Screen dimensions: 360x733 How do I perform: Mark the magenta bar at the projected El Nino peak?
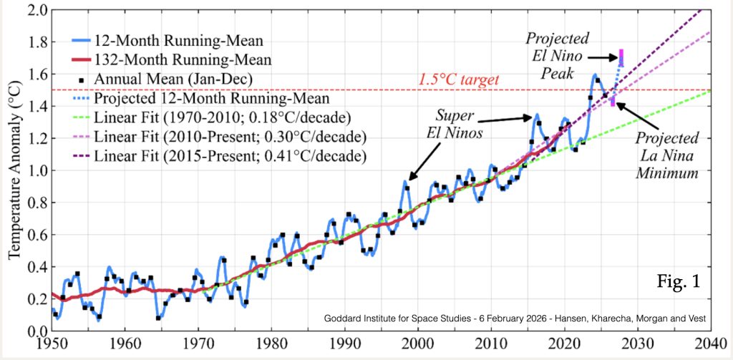click(x=621, y=57)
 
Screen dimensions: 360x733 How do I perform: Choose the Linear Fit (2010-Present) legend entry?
click(x=215, y=136)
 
